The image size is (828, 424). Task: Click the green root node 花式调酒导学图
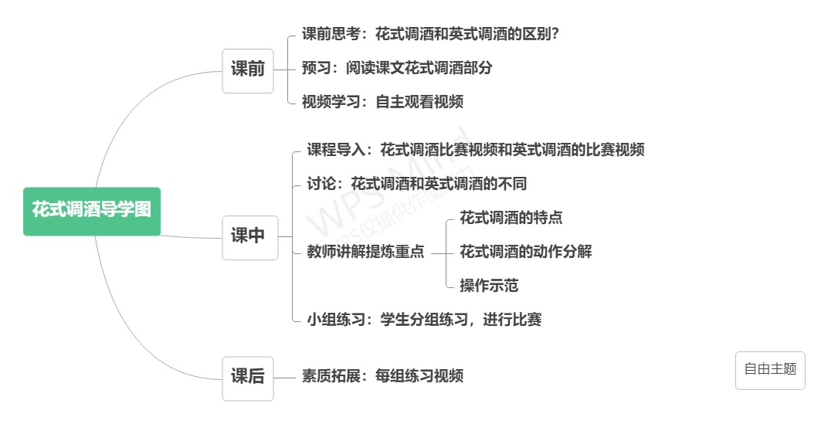(x=92, y=210)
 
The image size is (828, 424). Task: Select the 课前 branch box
(x=248, y=70)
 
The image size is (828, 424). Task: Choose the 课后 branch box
(x=248, y=378)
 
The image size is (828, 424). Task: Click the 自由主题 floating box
(x=769, y=370)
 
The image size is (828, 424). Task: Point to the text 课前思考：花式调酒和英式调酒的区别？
(x=429, y=35)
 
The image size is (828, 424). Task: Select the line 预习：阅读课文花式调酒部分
(x=397, y=68)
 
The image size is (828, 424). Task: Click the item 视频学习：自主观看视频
(x=382, y=102)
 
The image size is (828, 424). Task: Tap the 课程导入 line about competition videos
(x=476, y=151)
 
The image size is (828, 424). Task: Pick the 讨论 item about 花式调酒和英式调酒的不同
(x=417, y=185)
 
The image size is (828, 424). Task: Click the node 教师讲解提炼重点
(x=365, y=253)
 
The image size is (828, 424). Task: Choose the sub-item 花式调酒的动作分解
(x=525, y=252)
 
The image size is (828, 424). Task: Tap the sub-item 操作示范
(x=488, y=286)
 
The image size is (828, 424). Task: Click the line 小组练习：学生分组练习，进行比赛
(x=424, y=320)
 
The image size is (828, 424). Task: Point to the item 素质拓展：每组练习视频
(x=382, y=377)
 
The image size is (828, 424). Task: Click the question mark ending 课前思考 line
(x=554, y=35)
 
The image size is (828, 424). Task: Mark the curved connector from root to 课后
(x=139, y=340)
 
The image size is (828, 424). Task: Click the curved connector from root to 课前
(x=139, y=97)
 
